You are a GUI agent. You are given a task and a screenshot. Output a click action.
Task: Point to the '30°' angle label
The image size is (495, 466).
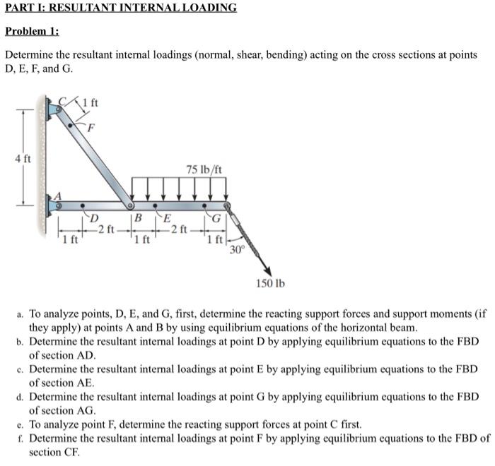pyautogui.click(x=235, y=249)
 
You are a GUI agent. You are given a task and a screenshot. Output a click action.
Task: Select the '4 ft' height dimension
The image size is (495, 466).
pyautogui.click(x=23, y=159)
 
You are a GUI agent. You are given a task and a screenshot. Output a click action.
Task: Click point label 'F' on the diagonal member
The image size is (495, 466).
pyautogui.click(x=90, y=127)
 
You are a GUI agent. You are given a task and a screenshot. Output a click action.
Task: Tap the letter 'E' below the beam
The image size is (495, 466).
pyautogui.click(x=166, y=217)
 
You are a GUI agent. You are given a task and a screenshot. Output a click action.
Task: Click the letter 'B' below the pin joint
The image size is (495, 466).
pyautogui.click(x=139, y=218)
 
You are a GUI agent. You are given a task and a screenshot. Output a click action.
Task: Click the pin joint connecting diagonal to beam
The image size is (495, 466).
pyautogui.click(x=129, y=206)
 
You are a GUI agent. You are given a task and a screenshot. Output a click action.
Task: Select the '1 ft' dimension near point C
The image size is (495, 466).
pyautogui.click(x=91, y=104)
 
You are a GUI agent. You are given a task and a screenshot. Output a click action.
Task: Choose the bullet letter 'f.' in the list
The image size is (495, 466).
pyautogui.click(x=20, y=438)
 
